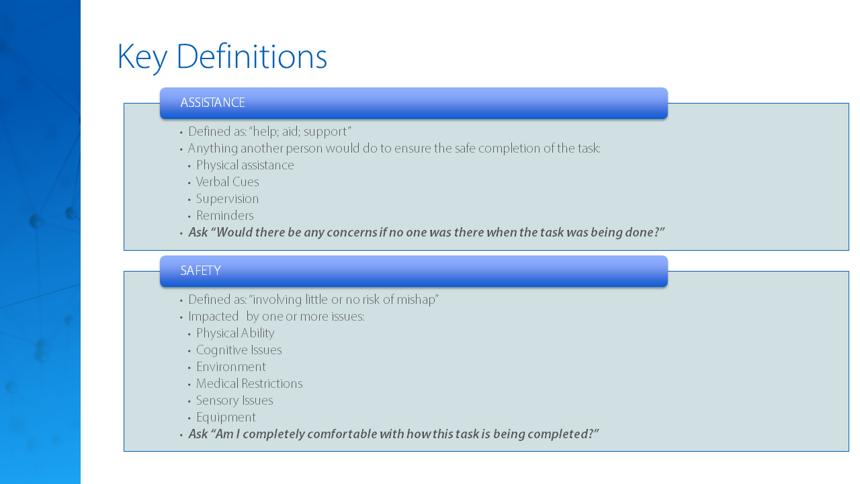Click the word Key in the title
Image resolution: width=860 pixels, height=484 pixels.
[x=142, y=58]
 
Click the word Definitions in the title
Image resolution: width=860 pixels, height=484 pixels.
[x=252, y=56]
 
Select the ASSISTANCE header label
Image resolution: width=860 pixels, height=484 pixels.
[x=213, y=103]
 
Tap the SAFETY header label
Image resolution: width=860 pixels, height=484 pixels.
[x=200, y=271]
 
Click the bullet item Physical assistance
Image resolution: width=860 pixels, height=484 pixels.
[x=245, y=165]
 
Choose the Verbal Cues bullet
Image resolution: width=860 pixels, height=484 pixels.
[x=227, y=182]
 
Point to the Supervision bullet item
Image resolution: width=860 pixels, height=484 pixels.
[x=227, y=199]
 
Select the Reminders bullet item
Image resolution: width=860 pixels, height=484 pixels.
[x=225, y=216]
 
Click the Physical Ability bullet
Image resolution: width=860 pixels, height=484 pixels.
[x=235, y=333]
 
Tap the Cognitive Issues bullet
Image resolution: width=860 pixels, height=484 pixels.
[x=239, y=350]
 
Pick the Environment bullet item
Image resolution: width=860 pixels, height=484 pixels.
[x=230, y=367]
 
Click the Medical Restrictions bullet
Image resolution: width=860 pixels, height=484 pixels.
[x=249, y=384]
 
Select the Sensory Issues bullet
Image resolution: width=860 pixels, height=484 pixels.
[x=234, y=401]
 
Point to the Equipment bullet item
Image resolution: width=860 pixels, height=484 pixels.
[x=226, y=417]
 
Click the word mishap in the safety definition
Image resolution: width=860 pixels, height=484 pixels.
[x=417, y=300]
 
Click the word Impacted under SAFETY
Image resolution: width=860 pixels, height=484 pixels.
[x=214, y=317]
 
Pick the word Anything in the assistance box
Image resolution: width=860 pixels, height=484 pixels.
[x=212, y=149]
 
